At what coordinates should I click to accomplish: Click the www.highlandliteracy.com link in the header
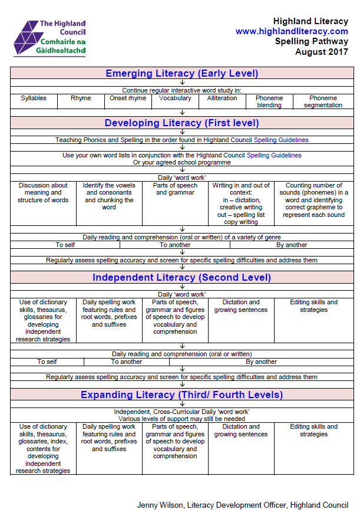click(292, 31)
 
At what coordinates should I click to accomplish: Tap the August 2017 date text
click(321, 52)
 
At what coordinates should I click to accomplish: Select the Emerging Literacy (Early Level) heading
click(181, 74)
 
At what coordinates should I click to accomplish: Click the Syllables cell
click(34, 98)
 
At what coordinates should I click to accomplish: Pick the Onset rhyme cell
click(128, 98)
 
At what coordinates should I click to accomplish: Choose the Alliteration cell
click(222, 98)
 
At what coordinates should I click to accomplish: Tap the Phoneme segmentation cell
click(323, 101)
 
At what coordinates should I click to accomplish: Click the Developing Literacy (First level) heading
click(181, 123)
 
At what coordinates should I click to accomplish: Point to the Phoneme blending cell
click(269, 101)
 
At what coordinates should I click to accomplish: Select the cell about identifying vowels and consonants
click(109, 196)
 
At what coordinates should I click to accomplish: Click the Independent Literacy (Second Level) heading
click(181, 277)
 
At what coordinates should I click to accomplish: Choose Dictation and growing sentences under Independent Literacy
click(241, 306)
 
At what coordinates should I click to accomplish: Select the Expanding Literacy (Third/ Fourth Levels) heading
click(181, 395)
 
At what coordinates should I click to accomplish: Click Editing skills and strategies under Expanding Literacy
click(313, 430)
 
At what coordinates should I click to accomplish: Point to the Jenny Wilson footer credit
click(242, 505)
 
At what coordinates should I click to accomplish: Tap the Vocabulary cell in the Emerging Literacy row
click(175, 98)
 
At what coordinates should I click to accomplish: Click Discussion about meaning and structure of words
click(43, 193)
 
